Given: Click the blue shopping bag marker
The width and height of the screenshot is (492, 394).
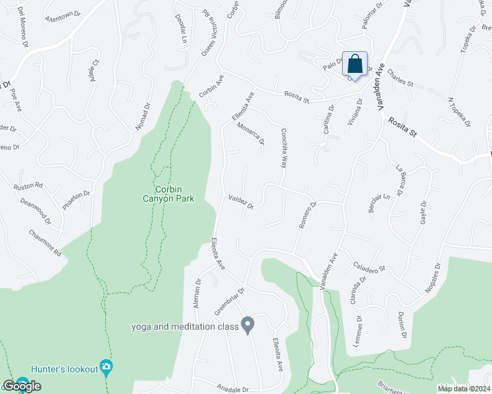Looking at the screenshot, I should [355, 65].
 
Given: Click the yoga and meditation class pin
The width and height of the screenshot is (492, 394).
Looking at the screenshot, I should [247, 324].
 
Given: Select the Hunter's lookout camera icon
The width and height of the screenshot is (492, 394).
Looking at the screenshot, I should [106, 366].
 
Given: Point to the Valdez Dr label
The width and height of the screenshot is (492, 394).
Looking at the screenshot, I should [241, 202].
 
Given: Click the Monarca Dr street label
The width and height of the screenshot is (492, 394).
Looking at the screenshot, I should [251, 133].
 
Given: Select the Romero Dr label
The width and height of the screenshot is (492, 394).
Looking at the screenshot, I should [308, 214].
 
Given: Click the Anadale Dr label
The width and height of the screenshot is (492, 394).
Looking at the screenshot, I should [232, 389].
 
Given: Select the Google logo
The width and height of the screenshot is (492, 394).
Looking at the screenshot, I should [21, 385].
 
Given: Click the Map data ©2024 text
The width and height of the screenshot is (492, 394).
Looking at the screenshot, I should [464, 389].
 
